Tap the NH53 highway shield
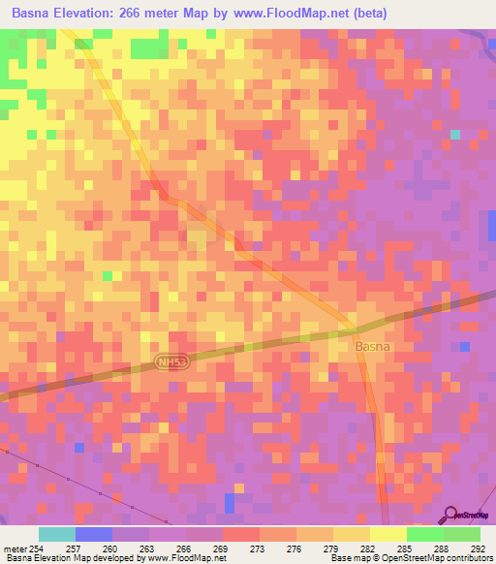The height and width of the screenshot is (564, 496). point(171,361)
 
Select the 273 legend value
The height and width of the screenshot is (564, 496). point(258,549)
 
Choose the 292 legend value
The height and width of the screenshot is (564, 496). point(478,549)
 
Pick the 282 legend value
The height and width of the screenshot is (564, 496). point(368,549)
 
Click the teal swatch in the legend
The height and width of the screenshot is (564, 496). point(57,534)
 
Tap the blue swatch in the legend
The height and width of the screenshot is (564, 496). point(94,534)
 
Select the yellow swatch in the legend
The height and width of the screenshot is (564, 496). point(387,534)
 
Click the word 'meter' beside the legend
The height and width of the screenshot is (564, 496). point(14,549)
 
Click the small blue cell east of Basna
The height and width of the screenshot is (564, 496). point(465,346)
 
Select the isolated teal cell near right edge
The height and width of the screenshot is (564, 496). point(454,135)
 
